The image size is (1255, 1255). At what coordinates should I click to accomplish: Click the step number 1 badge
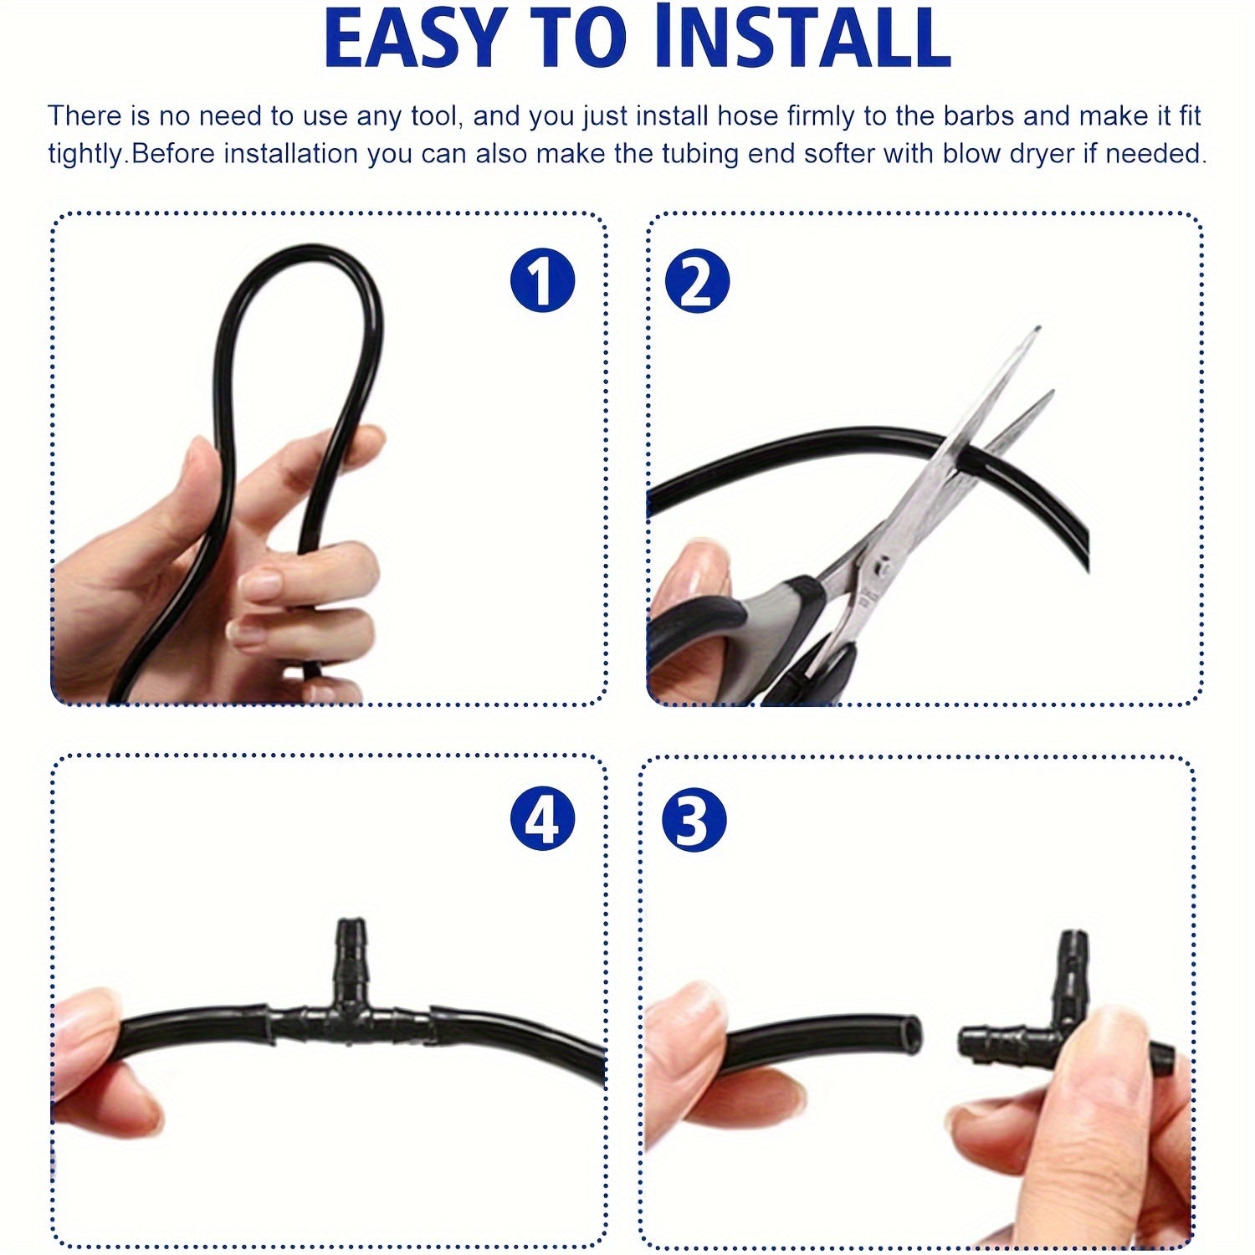pyautogui.click(x=542, y=280)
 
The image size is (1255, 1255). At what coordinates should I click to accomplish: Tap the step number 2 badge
pyautogui.click(x=697, y=280)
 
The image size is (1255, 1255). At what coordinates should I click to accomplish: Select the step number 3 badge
pyautogui.click(x=694, y=820)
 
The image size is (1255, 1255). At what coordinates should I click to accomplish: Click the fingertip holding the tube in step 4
pyautogui.click(x=88, y=1029)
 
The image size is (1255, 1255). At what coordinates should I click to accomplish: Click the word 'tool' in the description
pyautogui.click(x=433, y=115)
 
